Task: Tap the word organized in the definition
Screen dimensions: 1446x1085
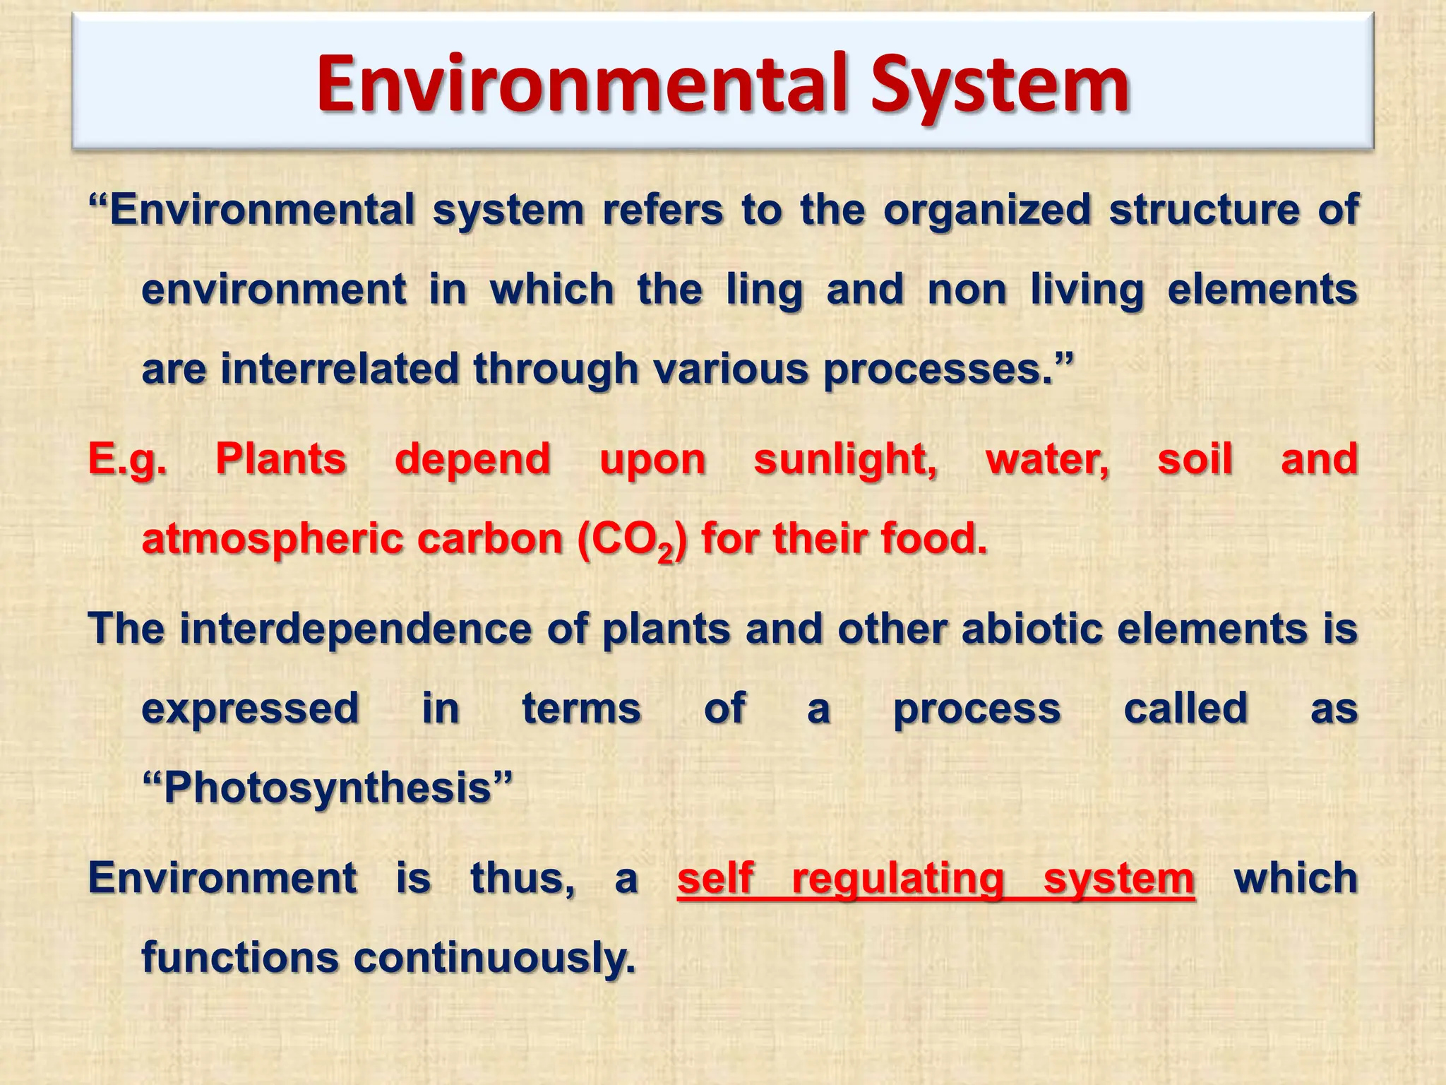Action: [987, 210]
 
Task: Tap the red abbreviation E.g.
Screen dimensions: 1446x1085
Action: [128, 459]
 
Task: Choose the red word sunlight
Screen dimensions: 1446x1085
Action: [845, 459]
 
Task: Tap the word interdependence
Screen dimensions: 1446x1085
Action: [355, 628]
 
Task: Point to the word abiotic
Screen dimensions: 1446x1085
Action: [1032, 628]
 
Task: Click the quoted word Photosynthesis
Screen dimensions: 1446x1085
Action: [327, 788]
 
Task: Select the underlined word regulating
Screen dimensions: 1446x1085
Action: [897, 879]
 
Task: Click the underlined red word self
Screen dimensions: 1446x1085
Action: [715, 878]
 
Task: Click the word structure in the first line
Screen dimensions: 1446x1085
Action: [1205, 210]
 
